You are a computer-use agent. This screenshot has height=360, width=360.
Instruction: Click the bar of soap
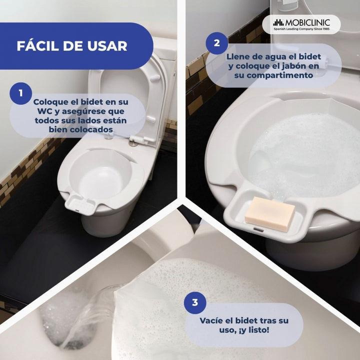point(270,214)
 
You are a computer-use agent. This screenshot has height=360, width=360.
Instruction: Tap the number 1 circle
point(20,93)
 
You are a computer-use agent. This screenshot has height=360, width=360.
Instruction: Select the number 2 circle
point(216,43)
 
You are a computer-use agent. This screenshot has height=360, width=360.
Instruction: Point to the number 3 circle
point(195,302)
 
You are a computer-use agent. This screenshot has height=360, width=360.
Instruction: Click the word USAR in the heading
point(107,46)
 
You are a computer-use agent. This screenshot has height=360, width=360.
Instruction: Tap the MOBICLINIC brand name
point(307,22)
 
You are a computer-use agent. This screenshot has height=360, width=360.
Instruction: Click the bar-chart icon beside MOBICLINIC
point(278,22)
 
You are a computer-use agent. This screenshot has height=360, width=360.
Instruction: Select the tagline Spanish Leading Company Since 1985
point(301,29)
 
